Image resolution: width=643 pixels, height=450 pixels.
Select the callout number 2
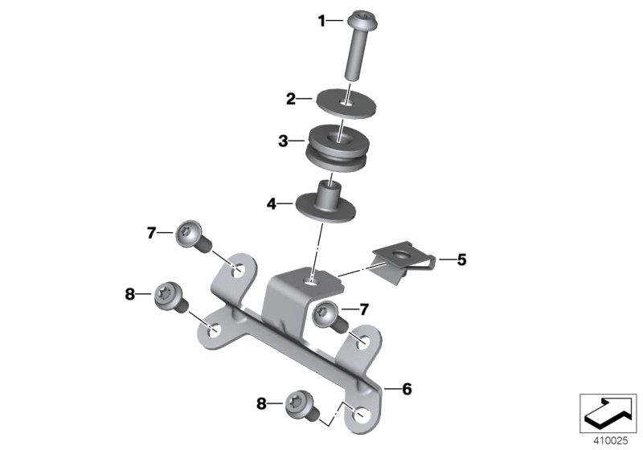tap(291, 100)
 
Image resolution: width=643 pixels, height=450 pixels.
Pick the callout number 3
tap(283, 141)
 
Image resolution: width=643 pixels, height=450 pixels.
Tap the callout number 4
tap(273, 204)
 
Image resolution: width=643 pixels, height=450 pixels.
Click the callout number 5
tap(461, 260)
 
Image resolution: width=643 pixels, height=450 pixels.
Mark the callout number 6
tap(406, 389)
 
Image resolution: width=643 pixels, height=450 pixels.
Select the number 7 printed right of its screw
tap(364, 309)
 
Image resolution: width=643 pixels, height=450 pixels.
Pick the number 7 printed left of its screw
tap(150, 233)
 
